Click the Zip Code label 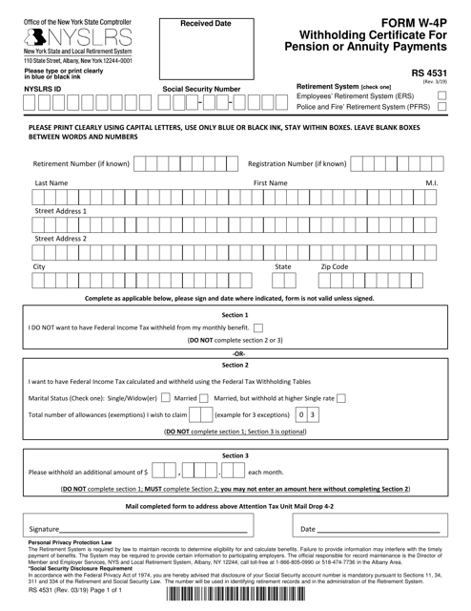click(335, 267)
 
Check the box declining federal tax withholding click(259, 327)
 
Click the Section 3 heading click(235, 455)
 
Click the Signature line click(153, 528)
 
